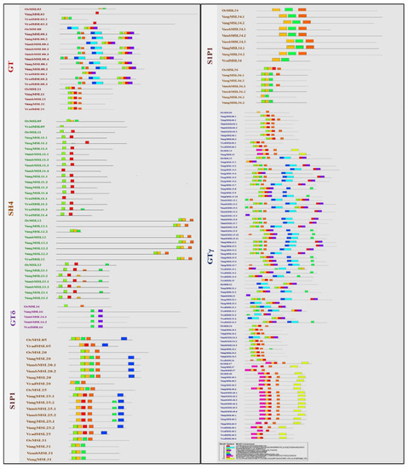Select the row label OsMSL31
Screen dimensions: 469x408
pos(36,440)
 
